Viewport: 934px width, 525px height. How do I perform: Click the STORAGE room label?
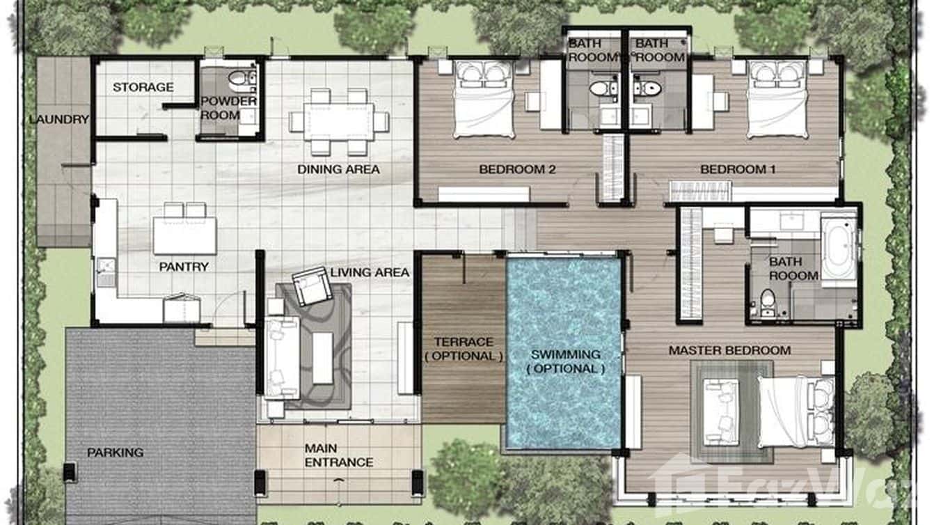point(143,87)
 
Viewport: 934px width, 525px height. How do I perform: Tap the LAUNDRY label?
point(59,119)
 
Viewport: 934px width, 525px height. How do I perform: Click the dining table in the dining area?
point(338,122)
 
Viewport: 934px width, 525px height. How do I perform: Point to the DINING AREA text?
point(338,169)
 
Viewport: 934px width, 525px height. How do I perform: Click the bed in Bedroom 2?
point(484,97)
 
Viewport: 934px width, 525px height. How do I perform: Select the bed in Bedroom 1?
point(777,97)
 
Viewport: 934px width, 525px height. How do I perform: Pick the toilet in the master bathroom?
point(767,303)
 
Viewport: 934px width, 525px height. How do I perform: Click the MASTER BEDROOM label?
point(729,350)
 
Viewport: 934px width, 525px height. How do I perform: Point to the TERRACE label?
point(464,342)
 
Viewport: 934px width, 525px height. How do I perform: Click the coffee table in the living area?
point(322,358)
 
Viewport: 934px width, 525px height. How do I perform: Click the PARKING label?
point(115,453)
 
